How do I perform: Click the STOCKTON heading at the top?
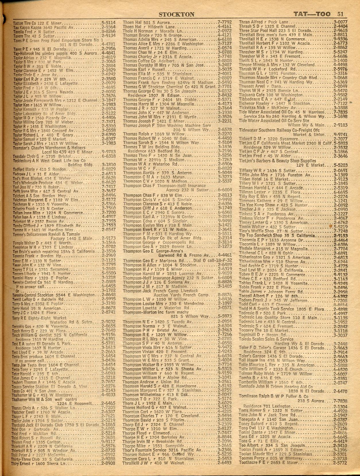[x=176, y=14]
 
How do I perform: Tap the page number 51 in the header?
[x=340, y=14]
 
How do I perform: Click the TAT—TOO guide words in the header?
[x=311, y=14]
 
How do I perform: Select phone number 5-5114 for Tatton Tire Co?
[x=109, y=23]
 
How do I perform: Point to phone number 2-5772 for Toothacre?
[x=340, y=463]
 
